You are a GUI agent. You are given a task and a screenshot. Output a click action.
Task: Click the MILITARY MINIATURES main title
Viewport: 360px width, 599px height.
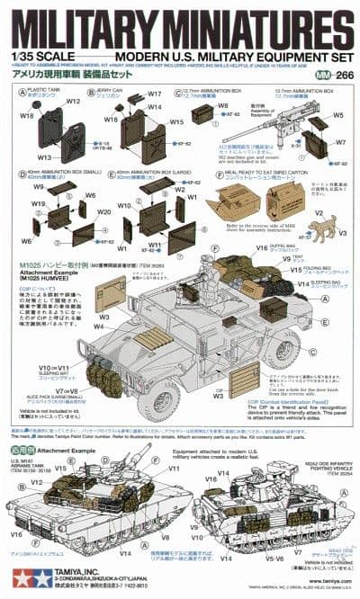pos(180,28)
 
